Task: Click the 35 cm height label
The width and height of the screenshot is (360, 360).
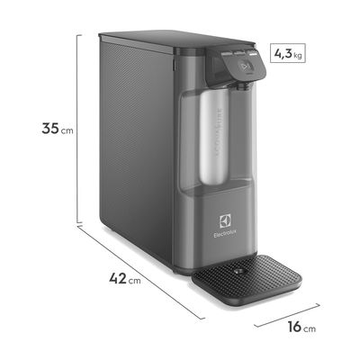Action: pos(56,129)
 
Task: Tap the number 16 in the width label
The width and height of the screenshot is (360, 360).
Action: pos(293,328)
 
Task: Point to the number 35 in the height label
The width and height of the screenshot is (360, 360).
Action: pos(50,129)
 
